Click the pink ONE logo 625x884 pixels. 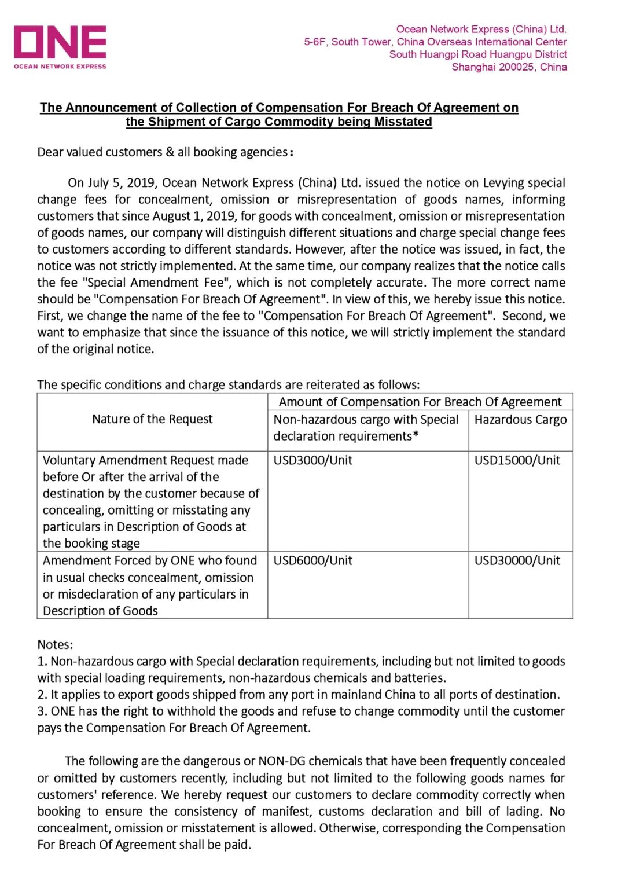click(x=60, y=42)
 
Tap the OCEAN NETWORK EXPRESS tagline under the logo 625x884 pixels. click(x=60, y=67)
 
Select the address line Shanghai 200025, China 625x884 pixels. click(x=509, y=67)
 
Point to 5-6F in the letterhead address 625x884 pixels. click(x=315, y=42)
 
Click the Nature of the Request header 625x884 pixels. click(x=152, y=419)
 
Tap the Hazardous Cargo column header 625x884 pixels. click(x=520, y=420)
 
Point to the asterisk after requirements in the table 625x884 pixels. click(x=416, y=436)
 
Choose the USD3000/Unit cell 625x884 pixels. click(x=312, y=461)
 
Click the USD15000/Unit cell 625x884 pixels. click(x=517, y=461)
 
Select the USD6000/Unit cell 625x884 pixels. click(x=312, y=561)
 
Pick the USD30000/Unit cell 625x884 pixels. click(x=517, y=561)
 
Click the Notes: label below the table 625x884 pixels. click(x=55, y=645)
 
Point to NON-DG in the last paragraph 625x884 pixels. click(x=281, y=761)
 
